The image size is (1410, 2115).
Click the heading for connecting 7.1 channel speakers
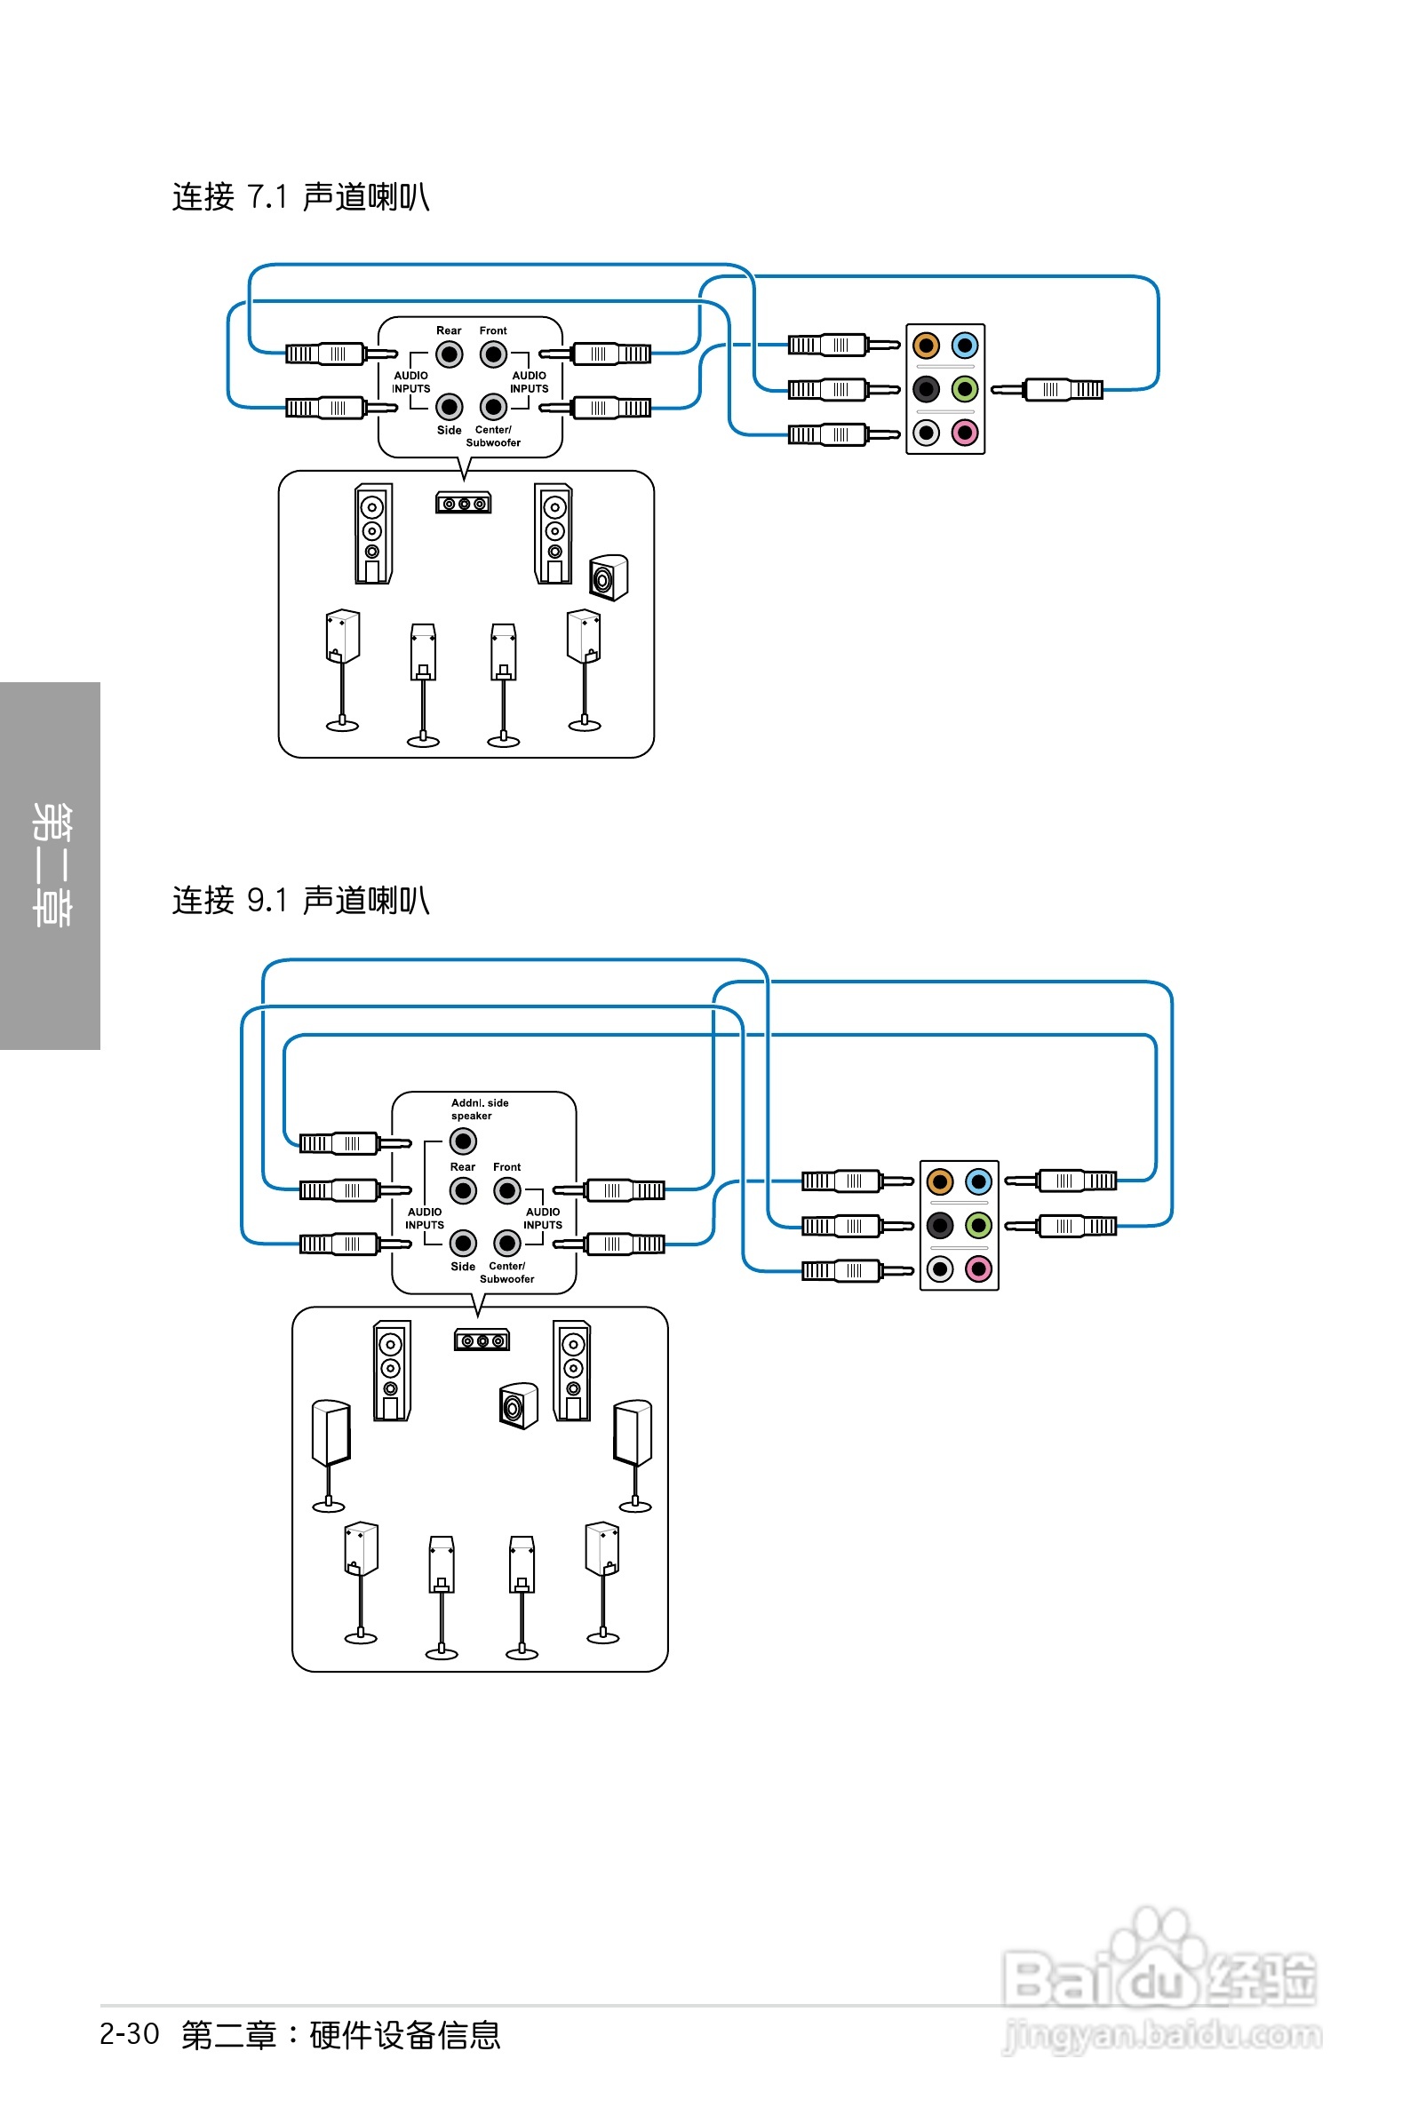tap(300, 197)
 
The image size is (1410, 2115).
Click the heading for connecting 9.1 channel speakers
tap(300, 900)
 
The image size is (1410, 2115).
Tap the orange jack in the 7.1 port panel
tap(925, 346)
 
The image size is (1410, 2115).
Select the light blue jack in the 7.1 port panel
tap(965, 346)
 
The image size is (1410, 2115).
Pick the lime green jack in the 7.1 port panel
tap(965, 389)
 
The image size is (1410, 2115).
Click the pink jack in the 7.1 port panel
tap(965, 433)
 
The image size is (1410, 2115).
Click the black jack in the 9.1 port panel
tap(940, 1225)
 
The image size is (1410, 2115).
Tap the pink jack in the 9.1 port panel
tap(978, 1269)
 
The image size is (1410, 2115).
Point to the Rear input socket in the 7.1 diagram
tap(449, 354)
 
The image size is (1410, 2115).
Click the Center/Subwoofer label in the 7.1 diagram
tap(493, 437)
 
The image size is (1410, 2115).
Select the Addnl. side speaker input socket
tap(462, 1141)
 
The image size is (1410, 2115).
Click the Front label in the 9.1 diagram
tap(506, 1166)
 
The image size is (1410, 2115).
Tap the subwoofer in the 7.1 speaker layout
tap(608, 577)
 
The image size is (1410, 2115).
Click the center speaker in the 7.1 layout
tap(463, 504)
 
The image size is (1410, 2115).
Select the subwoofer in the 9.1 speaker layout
tap(518, 1406)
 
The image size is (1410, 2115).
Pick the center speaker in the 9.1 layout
tap(481, 1341)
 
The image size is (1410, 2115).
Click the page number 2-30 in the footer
tap(130, 2034)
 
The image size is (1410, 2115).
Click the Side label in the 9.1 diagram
tap(462, 1267)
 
